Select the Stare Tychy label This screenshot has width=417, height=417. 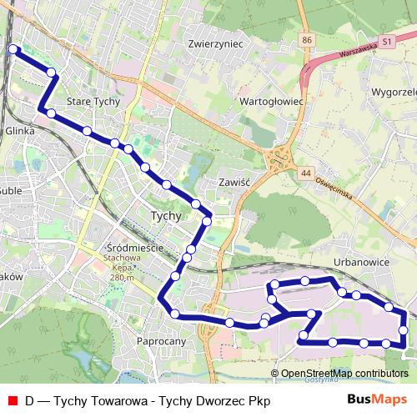pyautogui.click(x=93, y=102)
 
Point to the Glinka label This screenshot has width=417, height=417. pyautogui.click(x=19, y=131)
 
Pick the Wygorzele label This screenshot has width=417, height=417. pyautogui.click(x=394, y=90)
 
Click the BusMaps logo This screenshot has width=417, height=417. pyautogui.click(x=377, y=399)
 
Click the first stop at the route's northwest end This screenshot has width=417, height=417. pyautogui.click(x=13, y=50)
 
